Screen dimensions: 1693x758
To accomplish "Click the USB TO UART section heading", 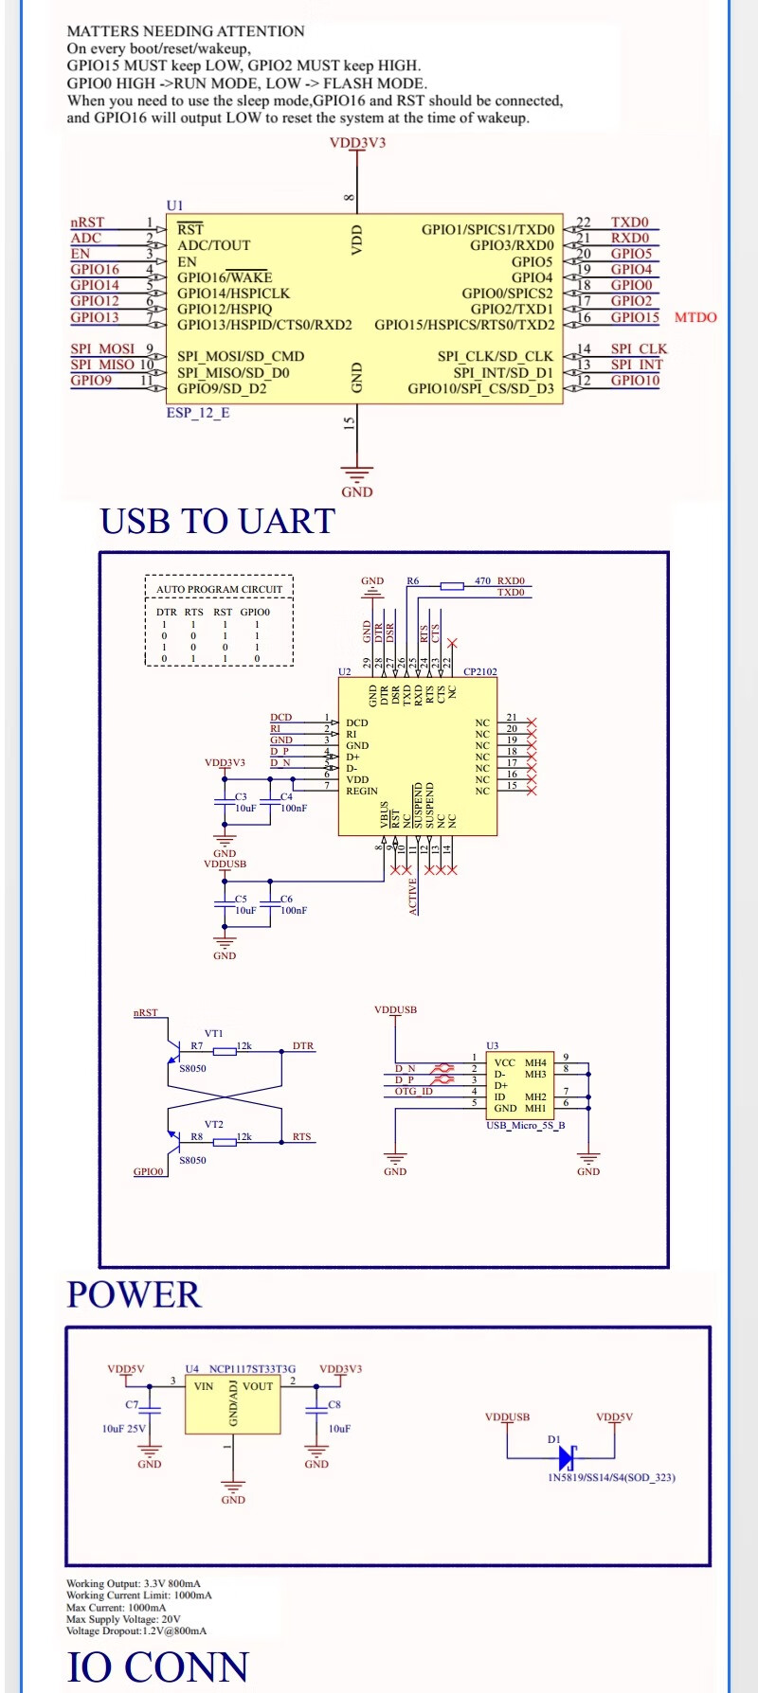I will coord(217,522).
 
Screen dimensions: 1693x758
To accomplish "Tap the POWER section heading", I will coord(134,1294).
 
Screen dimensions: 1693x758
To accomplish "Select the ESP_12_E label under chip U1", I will coord(198,413).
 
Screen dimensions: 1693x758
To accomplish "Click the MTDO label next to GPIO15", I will coord(695,317).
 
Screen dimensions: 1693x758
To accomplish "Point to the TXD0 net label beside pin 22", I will coord(629,223).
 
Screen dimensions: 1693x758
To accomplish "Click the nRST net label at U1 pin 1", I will coord(87,223).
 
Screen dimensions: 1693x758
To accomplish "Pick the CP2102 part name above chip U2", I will coord(479,671).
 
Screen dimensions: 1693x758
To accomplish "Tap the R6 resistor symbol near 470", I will coord(452,586).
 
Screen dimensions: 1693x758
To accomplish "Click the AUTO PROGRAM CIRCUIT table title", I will coord(219,589).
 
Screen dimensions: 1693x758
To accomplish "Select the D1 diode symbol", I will coord(568,1457).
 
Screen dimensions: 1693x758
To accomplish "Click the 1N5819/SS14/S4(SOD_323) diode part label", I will coord(611,1477).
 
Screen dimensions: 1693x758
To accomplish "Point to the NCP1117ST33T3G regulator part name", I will coord(252,1369).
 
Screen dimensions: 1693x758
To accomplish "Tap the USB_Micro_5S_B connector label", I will coord(525,1126).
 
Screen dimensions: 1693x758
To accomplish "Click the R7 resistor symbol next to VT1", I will coord(225,1051).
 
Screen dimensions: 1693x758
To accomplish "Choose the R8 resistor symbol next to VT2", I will coord(225,1142).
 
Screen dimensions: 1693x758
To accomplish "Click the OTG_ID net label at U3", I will coord(413,1092).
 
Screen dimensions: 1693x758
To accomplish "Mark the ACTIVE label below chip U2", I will coord(413,896).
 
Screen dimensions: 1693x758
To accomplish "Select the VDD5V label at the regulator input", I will coord(125,1369).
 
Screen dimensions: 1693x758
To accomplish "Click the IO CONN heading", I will coord(157,1666).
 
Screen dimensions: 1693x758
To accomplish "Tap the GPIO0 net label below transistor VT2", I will coord(148,1171).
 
